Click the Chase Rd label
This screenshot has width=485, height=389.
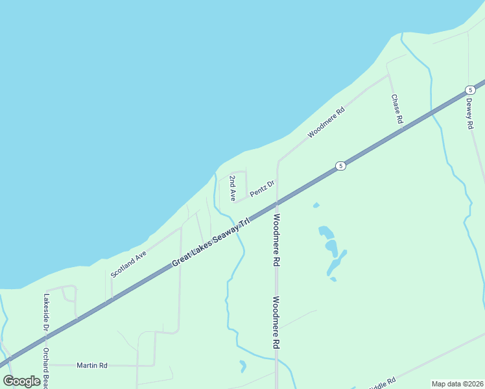pyautogui.click(x=397, y=109)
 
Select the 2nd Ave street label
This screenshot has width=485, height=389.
pyautogui.click(x=231, y=187)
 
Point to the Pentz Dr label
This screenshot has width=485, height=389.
pyautogui.click(x=263, y=188)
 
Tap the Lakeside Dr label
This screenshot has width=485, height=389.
pyautogui.click(x=46, y=312)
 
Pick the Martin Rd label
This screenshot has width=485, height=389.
pyautogui.click(x=91, y=365)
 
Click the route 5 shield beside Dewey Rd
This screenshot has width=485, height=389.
pyautogui.click(x=470, y=90)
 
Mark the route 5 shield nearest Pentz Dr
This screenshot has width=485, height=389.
pyautogui.click(x=340, y=167)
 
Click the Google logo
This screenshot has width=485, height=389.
pyautogui.click(x=22, y=381)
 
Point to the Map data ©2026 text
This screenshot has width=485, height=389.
pyautogui.click(x=457, y=384)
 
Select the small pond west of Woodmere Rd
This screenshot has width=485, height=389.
pyautogui.click(x=242, y=366)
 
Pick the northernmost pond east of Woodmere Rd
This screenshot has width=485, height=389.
pyautogui.click(x=316, y=206)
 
